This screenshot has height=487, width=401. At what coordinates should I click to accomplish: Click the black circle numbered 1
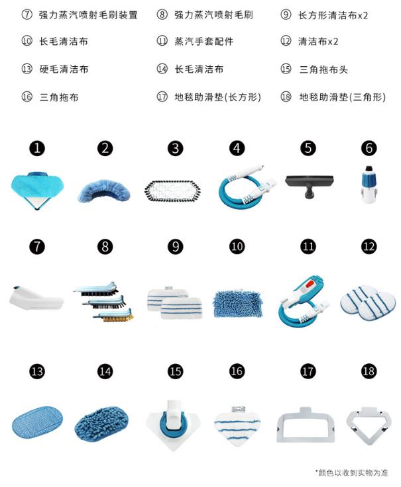[37, 148]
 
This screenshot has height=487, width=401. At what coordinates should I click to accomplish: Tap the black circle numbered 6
[369, 148]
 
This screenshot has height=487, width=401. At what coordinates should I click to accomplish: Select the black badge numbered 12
[369, 247]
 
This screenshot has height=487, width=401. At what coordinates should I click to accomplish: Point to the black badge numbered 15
[175, 371]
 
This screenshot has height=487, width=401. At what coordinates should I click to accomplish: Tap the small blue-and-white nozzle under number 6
[369, 184]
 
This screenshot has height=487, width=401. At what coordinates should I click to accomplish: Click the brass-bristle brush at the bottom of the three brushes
[113, 316]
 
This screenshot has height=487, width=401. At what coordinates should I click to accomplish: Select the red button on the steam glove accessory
[309, 284]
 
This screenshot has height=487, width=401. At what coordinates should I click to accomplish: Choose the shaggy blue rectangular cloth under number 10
[238, 304]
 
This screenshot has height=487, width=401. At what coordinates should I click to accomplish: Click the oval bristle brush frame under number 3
[172, 191]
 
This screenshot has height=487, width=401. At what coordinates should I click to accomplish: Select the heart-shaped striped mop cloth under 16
[238, 425]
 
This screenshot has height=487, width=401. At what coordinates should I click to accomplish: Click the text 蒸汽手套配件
[203, 41]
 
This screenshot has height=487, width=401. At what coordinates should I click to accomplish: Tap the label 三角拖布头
[323, 69]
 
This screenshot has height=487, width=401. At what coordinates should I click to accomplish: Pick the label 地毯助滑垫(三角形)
[342, 97]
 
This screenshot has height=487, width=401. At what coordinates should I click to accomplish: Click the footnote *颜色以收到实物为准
[351, 472]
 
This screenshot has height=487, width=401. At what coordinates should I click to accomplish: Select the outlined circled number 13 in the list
[27, 69]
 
